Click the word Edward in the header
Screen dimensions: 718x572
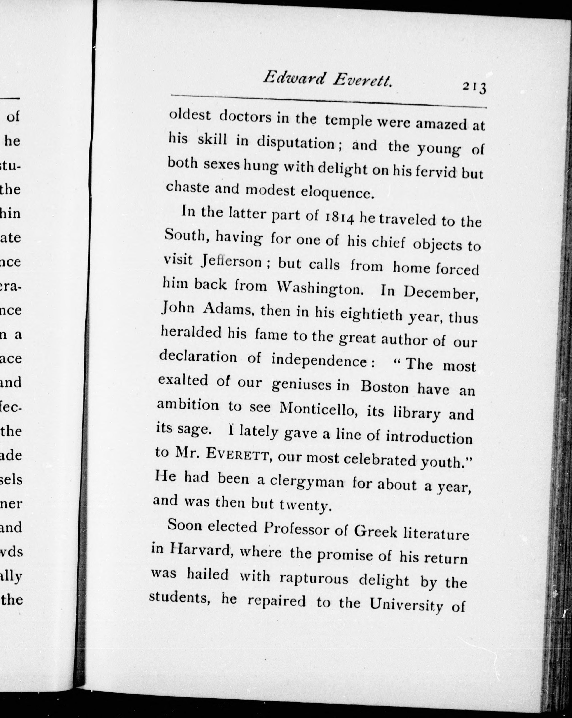click(x=293, y=78)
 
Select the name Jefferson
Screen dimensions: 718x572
click(x=232, y=261)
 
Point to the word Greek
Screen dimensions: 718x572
click(x=375, y=532)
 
